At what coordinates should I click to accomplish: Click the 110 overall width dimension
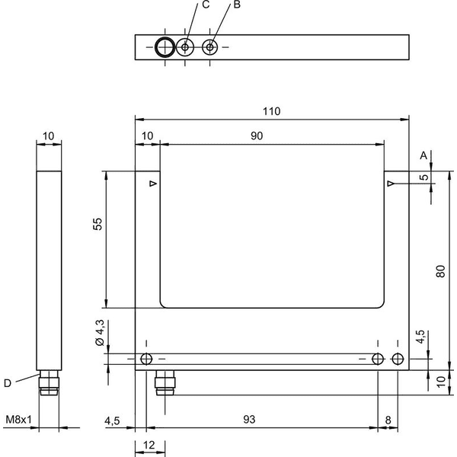(271, 111)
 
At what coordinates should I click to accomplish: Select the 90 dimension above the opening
(257, 136)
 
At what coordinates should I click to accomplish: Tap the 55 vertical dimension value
(98, 224)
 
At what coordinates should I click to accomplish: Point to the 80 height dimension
(440, 271)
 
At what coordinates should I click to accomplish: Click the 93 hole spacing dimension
(249, 420)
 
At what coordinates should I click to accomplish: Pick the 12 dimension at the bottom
(149, 445)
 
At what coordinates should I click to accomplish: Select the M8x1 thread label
(18, 420)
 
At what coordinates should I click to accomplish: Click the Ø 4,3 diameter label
(100, 333)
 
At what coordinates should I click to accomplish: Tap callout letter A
(423, 155)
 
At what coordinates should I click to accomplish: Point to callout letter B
(237, 5)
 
